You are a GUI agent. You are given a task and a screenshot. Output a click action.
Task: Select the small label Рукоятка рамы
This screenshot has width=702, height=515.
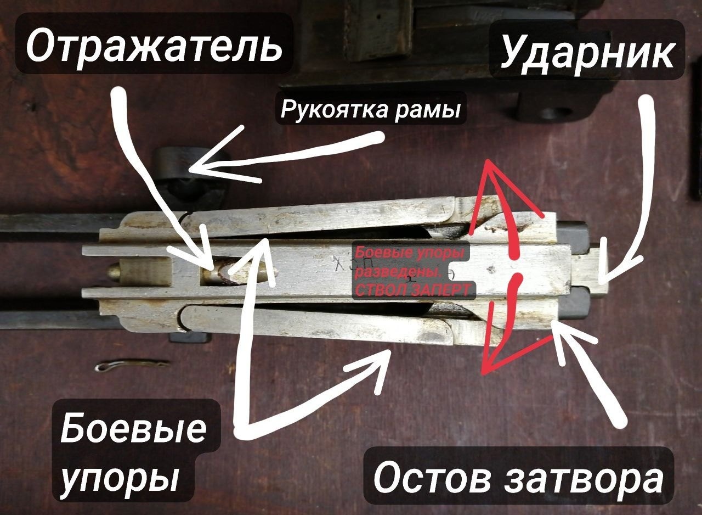370,109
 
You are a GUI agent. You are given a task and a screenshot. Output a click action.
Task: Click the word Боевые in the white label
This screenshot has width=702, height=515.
134,428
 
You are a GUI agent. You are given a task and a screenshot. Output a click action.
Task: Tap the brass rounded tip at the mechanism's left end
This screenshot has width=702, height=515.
114,272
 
